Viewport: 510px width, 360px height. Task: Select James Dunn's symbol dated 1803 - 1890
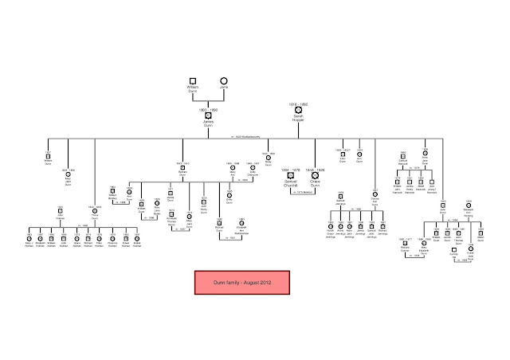[209, 115]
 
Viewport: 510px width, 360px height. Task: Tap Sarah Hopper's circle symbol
[298, 109]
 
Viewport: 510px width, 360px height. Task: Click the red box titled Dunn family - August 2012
[243, 283]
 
